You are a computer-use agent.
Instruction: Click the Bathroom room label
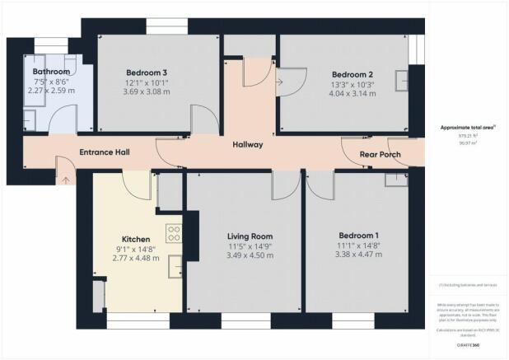tap(51, 72)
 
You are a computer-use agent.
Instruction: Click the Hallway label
tap(246, 145)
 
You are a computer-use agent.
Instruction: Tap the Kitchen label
tap(135, 239)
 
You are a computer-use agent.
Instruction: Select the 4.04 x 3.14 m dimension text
tap(342, 95)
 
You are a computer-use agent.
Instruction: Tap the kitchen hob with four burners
tap(174, 234)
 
